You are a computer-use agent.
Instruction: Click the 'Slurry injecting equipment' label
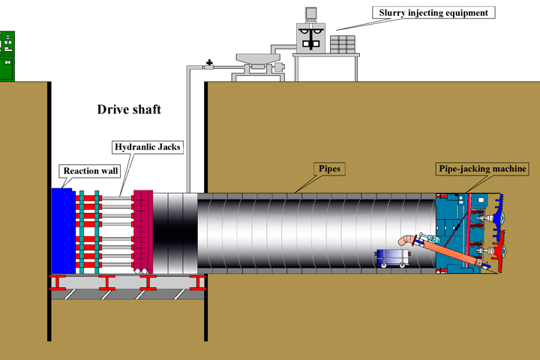click(x=433, y=13)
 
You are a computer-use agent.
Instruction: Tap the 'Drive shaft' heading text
click(x=129, y=109)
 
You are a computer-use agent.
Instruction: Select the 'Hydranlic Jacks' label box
click(x=148, y=147)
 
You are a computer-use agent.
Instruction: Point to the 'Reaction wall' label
click(x=90, y=171)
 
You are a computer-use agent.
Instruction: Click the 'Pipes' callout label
click(x=329, y=169)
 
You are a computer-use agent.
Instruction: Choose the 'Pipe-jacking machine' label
click(x=482, y=169)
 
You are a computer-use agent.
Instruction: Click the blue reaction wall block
click(x=63, y=231)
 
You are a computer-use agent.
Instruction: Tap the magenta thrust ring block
click(x=143, y=232)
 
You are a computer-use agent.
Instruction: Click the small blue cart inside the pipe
click(x=393, y=258)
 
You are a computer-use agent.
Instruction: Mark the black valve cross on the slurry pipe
click(x=209, y=63)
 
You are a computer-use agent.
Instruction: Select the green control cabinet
click(x=7, y=56)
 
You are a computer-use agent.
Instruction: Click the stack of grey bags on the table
click(x=343, y=44)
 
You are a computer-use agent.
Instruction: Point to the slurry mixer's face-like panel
click(x=310, y=38)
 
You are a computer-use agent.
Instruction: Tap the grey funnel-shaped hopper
click(x=258, y=58)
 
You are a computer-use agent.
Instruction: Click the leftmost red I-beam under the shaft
click(x=58, y=283)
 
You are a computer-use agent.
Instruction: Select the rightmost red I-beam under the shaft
click(x=198, y=283)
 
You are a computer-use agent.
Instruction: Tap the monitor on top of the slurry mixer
click(x=310, y=13)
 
